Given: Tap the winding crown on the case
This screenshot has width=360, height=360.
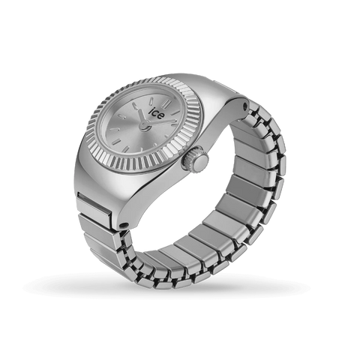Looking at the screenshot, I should click(197, 160).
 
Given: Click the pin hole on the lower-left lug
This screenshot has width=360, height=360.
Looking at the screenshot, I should click(120, 223).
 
